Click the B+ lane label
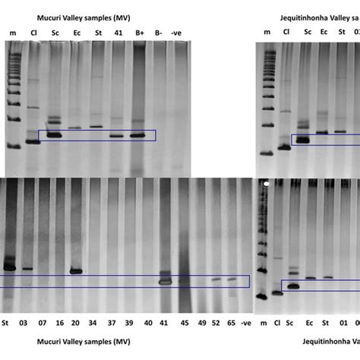tap(139, 33)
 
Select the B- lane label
tap(158, 33)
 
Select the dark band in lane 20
tap(76, 270)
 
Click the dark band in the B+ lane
tap(137, 136)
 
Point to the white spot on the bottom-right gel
tap(266, 184)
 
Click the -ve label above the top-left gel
tap(177, 33)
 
